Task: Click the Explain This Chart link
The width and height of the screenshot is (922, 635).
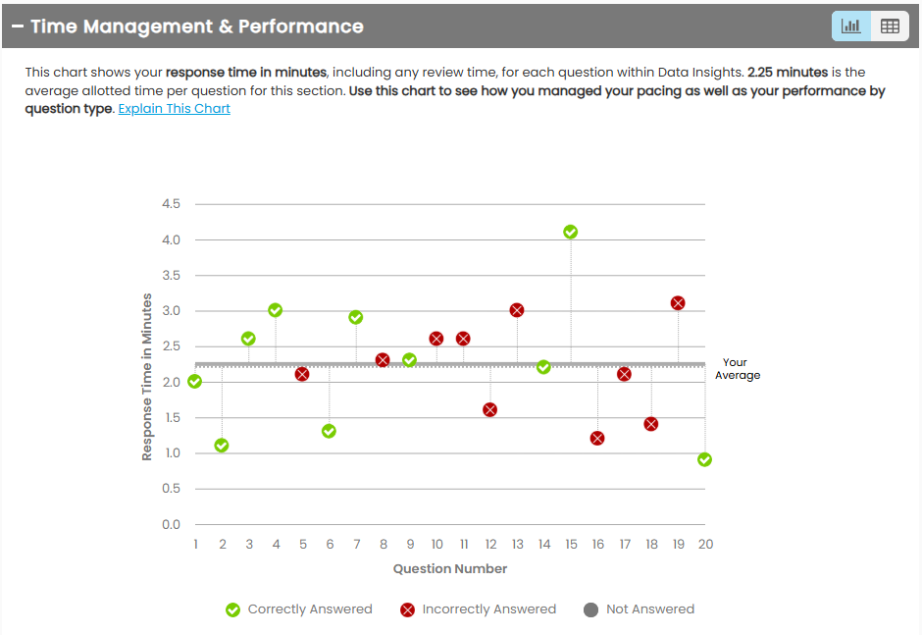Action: [x=175, y=109]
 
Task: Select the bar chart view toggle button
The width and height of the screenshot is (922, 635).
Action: [x=850, y=26]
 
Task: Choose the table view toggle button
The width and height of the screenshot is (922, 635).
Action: [x=890, y=26]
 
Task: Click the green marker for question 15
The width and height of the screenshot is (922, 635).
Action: [x=571, y=232]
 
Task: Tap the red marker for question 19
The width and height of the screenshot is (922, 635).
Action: [x=678, y=303]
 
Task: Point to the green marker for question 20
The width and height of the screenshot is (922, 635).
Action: [x=704, y=459]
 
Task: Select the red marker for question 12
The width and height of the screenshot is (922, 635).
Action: [x=490, y=409]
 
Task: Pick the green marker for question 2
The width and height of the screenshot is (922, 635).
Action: [x=222, y=446]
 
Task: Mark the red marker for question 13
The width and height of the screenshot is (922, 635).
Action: [x=517, y=310]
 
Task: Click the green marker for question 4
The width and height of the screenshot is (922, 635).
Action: [x=276, y=310]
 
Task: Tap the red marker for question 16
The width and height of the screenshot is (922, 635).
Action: [x=597, y=438]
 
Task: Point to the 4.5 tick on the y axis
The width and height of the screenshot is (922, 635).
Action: [x=171, y=204]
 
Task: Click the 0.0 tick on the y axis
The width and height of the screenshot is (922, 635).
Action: [x=171, y=524]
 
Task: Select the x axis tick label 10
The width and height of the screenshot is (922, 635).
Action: [x=436, y=544]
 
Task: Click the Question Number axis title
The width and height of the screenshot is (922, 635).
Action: [x=450, y=568]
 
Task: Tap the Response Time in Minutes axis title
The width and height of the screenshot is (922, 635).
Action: [x=147, y=377]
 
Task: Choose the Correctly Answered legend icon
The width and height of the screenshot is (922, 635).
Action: [x=233, y=609]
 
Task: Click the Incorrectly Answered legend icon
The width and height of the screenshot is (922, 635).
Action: [x=408, y=609]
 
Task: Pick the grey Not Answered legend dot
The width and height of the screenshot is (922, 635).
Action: [x=590, y=609]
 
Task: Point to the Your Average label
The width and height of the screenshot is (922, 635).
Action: [x=737, y=368]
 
